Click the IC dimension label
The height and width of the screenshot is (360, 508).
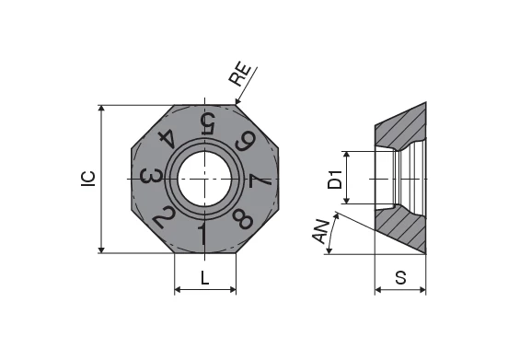click(88, 179)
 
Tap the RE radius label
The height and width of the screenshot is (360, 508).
click(240, 75)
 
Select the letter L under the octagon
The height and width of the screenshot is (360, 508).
click(204, 278)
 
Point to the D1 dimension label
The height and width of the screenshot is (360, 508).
click(335, 180)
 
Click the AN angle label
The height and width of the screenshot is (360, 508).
click(321, 232)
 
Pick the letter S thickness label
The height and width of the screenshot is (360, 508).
click(400, 278)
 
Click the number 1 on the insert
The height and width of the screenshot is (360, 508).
click(202, 233)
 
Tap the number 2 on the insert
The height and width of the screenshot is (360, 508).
click(164, 216)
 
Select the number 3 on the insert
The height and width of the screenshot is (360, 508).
click(151, 177)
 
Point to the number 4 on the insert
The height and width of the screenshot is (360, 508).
click(168, 138)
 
